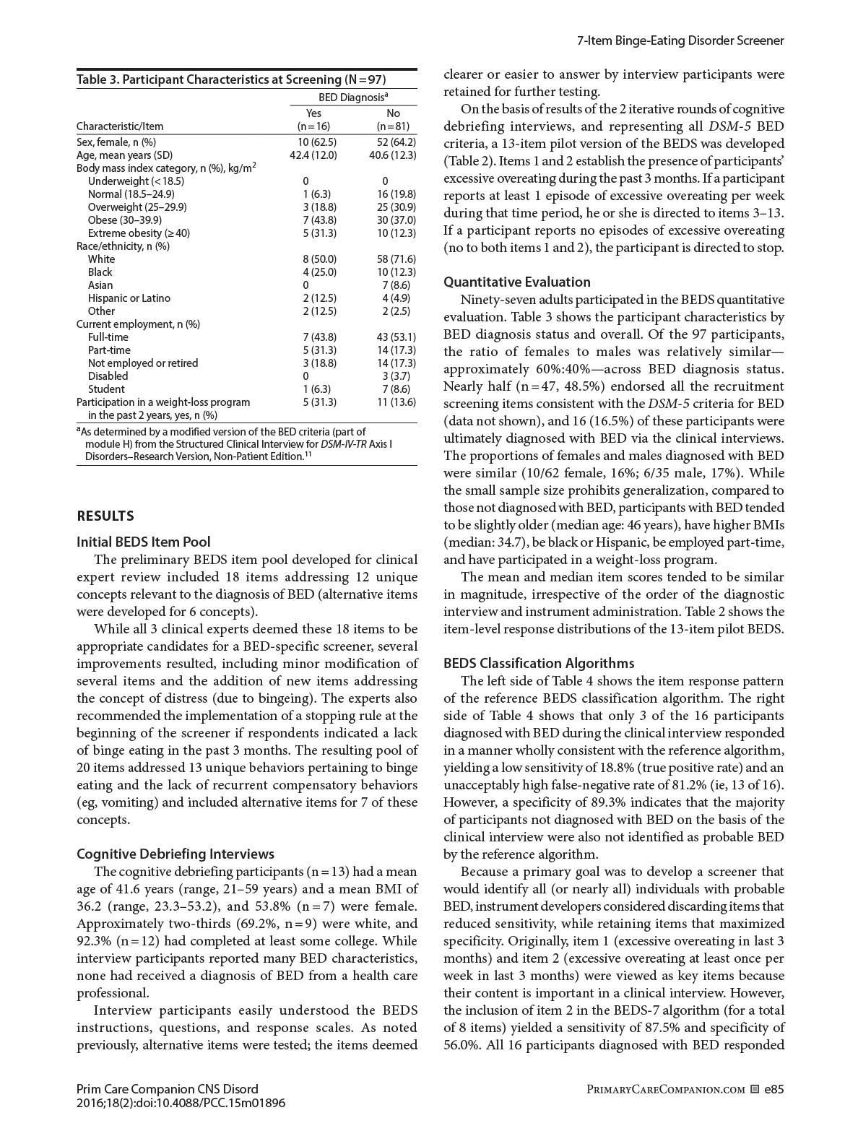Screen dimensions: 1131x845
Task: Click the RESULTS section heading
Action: click(105, 516)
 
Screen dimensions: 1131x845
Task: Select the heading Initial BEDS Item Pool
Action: click(144, 542)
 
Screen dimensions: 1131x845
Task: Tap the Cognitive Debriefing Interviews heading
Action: click(175, 854)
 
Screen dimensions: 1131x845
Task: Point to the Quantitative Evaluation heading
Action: click(516, 282)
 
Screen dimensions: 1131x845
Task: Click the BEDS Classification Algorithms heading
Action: click(539, 663)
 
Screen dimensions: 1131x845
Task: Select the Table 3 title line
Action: click(231, 79)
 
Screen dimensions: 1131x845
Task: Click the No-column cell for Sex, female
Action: click(396, 142)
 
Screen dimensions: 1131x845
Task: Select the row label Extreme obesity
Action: click(139, 233)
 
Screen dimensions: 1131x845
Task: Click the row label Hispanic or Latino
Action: click(129, 298)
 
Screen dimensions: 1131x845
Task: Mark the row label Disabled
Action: click(108, 376)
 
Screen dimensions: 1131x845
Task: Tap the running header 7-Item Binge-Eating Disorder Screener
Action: click(680, 40)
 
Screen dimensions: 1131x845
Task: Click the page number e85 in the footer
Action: click(773, 1089)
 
